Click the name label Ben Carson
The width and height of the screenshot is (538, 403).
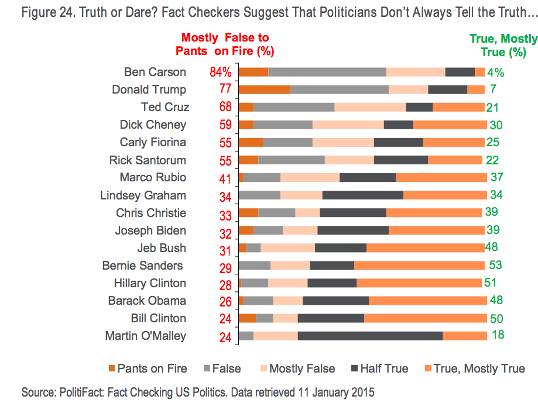coord(155,72)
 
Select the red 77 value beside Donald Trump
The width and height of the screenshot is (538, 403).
coord(225,90)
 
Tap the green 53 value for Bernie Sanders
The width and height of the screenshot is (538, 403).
coord(495,265)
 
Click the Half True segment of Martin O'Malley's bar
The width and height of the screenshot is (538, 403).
coord(370,336)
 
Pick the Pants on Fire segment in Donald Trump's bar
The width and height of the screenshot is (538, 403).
coord(265,89)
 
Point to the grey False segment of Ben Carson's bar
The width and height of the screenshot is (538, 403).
coord(327,72)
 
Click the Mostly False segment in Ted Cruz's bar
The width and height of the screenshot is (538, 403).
coord(370,107)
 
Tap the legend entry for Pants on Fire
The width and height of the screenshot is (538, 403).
coord(148,368)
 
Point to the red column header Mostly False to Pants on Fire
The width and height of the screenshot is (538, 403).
coord(225,44)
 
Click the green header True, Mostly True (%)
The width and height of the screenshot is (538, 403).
coord(503,45)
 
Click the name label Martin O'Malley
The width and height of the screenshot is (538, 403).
coord(146,336)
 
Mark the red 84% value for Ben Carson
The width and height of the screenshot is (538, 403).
coord(221,73)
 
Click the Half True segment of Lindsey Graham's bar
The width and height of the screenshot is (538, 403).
coord(363,195)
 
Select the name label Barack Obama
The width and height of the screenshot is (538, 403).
coord(147,301)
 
